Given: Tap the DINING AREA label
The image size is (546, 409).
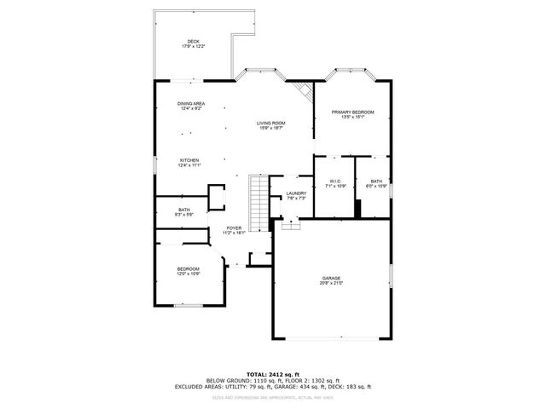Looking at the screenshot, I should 191,104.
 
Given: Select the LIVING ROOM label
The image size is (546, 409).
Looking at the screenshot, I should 271,124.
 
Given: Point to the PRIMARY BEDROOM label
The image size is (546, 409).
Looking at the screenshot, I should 353,112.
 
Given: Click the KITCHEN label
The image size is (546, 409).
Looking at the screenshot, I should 189,160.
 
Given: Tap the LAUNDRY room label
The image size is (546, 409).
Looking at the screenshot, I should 296,193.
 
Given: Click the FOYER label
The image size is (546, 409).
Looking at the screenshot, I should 234,228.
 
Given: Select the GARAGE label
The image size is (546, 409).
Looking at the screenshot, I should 331,278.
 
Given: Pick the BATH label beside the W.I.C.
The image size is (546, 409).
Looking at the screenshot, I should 376,181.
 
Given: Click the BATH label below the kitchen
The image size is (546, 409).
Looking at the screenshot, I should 184,210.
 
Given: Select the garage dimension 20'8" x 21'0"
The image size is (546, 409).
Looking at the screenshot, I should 331,284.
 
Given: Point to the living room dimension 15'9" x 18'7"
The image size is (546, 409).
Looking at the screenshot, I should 271,129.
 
